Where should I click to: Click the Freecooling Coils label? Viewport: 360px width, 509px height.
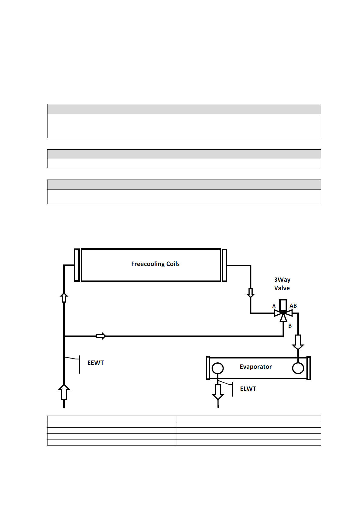(155, 264)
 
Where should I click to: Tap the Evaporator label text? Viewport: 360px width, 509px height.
(256, 367)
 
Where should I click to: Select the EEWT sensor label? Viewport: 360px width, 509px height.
(96, 363)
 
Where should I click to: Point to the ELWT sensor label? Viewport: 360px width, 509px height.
(248, 389)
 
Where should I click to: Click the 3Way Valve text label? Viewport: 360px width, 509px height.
(282, 284)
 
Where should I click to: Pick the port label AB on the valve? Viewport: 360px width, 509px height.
(293, 306)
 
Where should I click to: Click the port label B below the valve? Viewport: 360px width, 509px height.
(290, 326)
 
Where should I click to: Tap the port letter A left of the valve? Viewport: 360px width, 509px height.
(274, 306)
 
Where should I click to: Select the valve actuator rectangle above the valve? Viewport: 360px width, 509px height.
(283, 305)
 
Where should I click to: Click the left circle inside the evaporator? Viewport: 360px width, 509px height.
(218, 368)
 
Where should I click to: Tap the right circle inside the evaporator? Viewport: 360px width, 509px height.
(298, 368)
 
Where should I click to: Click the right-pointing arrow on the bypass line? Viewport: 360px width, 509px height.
(101, 336)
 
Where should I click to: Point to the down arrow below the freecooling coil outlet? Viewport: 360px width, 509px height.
(250, 293)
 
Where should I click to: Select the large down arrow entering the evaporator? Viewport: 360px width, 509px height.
(298, 342)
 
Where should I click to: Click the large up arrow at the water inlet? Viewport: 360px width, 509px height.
(64, 392)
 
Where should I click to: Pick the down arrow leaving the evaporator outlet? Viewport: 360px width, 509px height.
(218, 392)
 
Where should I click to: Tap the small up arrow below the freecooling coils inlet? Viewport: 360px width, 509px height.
(64, 297)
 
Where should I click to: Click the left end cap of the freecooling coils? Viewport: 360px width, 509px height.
(77, 265)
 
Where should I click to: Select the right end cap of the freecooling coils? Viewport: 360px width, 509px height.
(224, 265)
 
